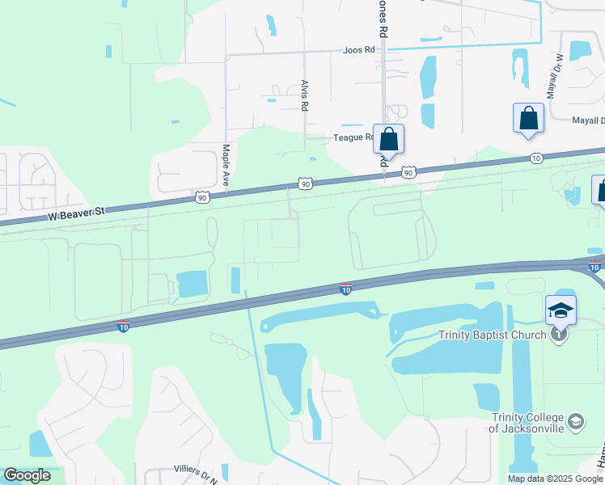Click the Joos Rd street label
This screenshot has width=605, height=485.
tap(360, 49)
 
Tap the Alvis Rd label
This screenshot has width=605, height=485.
tap(305, 95)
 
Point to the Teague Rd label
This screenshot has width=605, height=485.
tap(353, 137)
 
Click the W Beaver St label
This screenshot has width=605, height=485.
tap(78, 215)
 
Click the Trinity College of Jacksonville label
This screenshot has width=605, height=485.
tap(527, 423)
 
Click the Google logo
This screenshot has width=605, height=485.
tap(27, 475)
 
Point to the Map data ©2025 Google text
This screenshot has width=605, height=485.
tap(556, 479)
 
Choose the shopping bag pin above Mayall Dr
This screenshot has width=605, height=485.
tap(528, 118)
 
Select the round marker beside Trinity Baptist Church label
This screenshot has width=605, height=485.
tap(558, 334)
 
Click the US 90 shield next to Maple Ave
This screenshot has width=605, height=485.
tap(201, 196)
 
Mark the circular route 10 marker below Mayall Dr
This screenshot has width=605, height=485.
tap(536, 158)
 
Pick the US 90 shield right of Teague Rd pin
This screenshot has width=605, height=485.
tap(408, 172)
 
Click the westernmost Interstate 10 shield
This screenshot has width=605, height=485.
tap(123, 326)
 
